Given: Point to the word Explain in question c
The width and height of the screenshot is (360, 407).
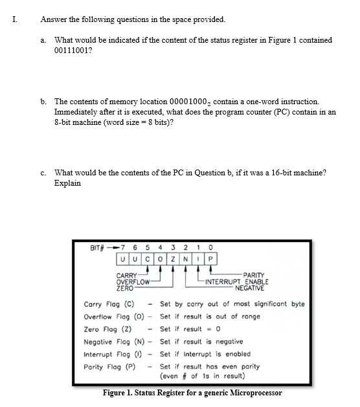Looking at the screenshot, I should (68, 182).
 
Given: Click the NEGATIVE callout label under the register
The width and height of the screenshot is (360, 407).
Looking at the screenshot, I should (250, 287).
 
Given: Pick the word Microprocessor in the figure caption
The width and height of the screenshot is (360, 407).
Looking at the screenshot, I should (251, 393).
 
